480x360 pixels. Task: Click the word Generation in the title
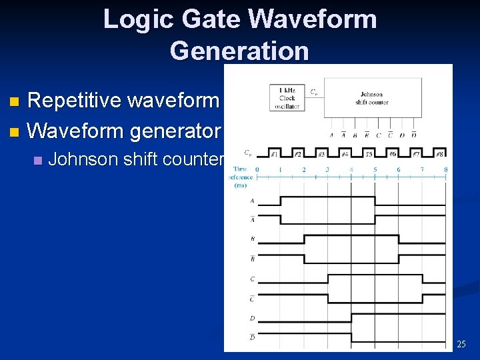point(239,51)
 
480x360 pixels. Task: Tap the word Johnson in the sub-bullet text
point(83,159)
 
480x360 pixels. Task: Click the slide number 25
point(461,344)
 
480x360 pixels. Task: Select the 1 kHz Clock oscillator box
point(287,98)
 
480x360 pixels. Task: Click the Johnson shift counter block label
point(372,98)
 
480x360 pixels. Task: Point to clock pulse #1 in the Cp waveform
point(274,154)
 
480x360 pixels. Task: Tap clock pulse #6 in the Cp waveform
point(393,154)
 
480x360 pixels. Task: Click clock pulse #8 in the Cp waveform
point(440,154)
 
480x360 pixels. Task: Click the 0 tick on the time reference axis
point(257,169)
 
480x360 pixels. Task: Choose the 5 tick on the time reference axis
point(375,169)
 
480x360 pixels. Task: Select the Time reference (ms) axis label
point(241,177)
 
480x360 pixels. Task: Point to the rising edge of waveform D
point(351,317)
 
